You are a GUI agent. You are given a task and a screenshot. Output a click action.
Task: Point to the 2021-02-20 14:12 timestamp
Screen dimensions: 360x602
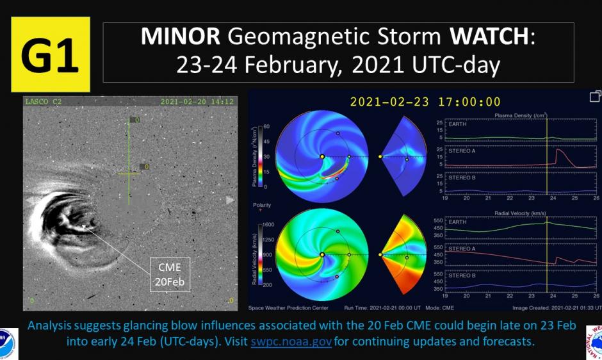(x=197, y=101)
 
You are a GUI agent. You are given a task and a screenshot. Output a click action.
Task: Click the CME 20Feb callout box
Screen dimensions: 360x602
(x=170, y=275)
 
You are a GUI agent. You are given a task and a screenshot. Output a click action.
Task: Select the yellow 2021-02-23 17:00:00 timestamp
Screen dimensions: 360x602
(x=425, y=102)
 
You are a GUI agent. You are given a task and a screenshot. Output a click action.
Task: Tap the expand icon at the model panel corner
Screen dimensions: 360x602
(x=595, y=96)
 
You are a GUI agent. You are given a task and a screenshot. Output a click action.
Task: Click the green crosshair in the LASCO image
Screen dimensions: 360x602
(x=129, y=173)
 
